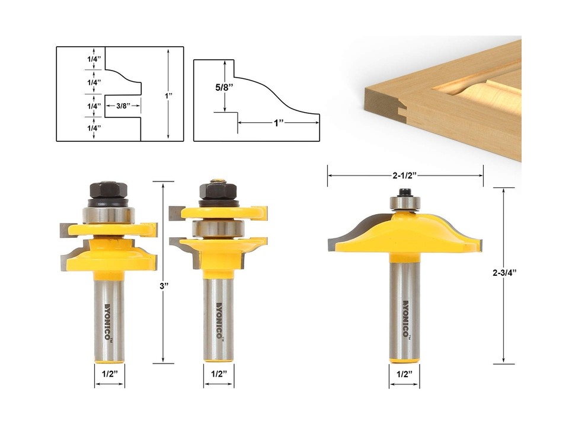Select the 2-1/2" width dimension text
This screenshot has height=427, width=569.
click(x=405, y=176)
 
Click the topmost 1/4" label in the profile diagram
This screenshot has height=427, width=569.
click(x=93, y=59)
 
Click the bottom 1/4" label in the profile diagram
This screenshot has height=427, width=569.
click(x=93, y=128)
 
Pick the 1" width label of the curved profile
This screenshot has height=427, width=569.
click(x=279, y=123)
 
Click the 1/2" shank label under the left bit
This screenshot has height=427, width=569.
click(x=109, y=374)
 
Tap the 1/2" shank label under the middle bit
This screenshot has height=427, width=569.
click(x=219, y=374)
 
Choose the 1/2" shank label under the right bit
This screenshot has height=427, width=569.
click(x=404, y=374)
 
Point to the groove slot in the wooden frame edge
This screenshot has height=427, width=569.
click(x=404, y=110)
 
